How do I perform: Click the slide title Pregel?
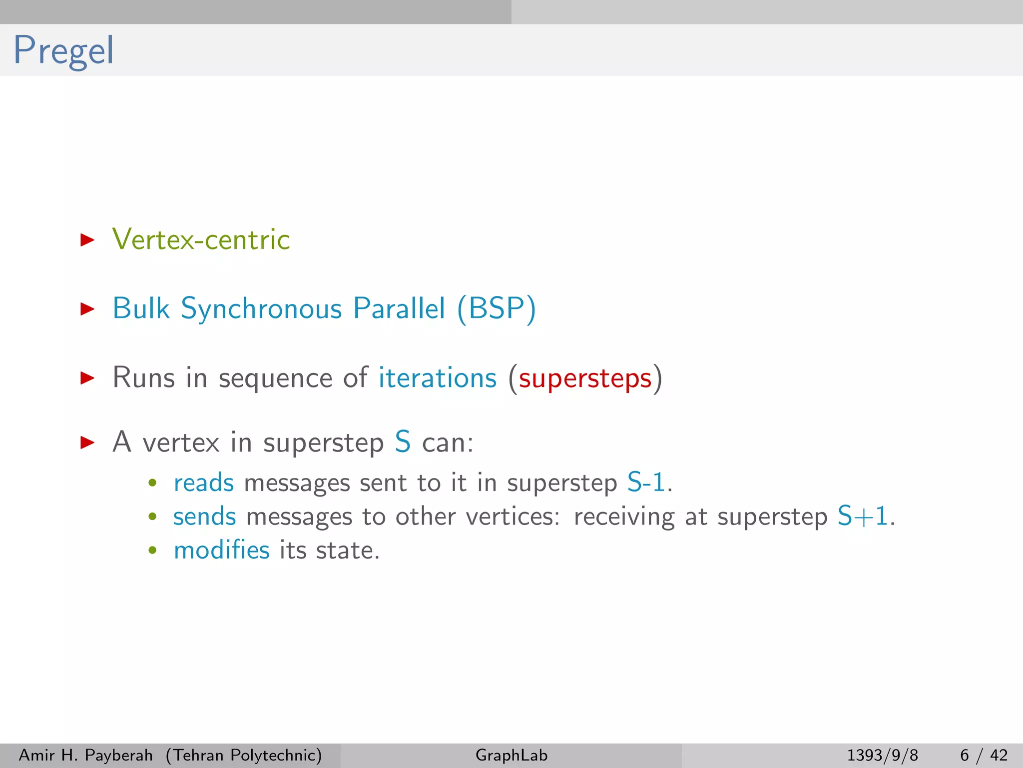tap(63, 50)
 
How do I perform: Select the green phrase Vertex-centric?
tap(201, 239)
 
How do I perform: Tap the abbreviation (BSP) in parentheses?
tap(497, 308)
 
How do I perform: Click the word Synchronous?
tap(261, 308)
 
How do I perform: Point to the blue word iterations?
tap(437, 378)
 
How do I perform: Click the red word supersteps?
tap(585, 378)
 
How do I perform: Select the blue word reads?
tap(203, 483)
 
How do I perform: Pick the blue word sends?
tap(204, 516)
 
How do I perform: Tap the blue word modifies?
tap(221, 550)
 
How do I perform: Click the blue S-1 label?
tap(646, 483)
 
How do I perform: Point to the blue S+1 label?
tap(863, 516)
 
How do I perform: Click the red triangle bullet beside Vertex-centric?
tap(87, 240)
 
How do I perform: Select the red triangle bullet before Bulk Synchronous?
tap(87, 308)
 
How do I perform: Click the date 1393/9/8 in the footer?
tap(882, 755)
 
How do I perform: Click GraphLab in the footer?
tap(511, 755)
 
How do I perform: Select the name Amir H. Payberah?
tap(85, 755)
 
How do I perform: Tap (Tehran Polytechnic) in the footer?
tap(244, 755)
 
